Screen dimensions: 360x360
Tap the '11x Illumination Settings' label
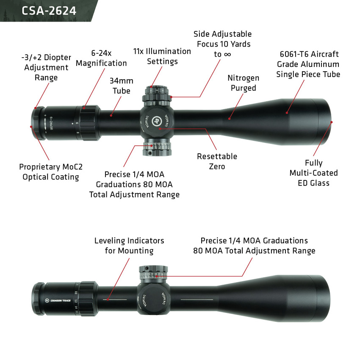pos(162,56)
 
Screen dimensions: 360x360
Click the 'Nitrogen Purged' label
pos(243,83)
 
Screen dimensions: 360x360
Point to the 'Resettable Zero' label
pos(217,161)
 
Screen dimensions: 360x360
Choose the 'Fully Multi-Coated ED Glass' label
pos(313,173)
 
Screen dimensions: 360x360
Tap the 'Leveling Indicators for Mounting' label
pos(129,246)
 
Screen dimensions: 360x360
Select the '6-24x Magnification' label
pos(101,58)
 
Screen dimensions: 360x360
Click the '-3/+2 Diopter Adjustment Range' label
pos(46,67)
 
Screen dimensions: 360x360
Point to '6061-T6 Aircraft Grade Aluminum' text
pos(308,64)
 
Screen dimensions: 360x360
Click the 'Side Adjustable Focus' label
pos(222,44)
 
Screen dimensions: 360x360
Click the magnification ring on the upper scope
pos(89,123)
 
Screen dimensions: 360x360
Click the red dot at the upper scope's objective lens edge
pos(332,122)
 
